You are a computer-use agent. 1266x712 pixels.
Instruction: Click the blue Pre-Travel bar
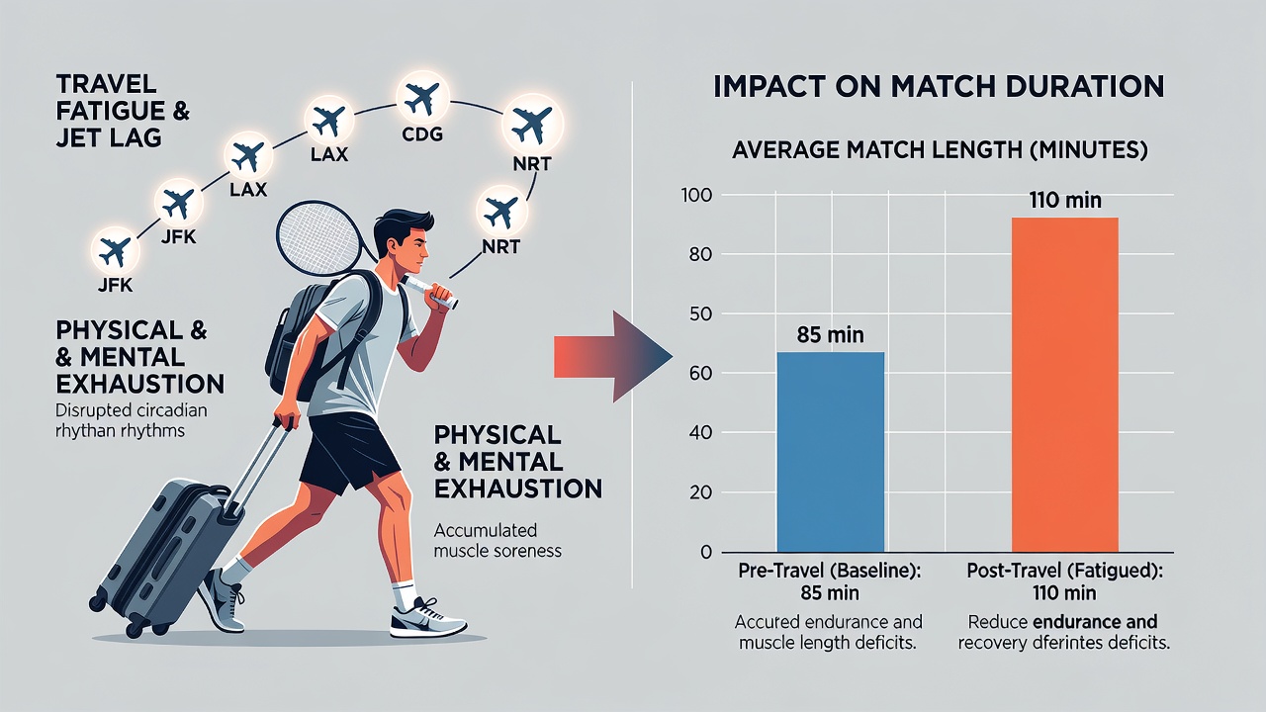tap(830, 452)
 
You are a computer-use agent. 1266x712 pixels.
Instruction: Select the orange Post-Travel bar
tap(1065, 385)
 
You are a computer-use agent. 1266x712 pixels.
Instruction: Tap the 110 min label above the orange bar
tap(1065, 200)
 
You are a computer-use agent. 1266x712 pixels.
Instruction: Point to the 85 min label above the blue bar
tap(830, 335)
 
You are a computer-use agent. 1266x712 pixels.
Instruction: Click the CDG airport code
tap(421, 134)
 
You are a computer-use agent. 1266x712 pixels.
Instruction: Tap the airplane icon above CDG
tap(422, 98)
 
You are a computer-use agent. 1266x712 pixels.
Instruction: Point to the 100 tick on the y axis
tap(697, 196)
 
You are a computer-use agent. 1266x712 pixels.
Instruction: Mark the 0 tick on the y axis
tap(706, 552)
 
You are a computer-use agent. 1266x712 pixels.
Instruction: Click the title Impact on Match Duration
tap(939, 86)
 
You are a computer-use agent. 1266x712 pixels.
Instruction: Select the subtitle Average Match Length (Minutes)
tap(940, 151)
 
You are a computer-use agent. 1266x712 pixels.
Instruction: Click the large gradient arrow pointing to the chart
tap(612, 357)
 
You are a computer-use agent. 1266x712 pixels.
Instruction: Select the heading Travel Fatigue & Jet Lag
tap(123, 111)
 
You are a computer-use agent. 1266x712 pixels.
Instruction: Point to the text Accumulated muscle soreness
tap(497, 540)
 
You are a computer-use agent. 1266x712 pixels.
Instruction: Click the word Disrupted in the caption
tap(88, 410)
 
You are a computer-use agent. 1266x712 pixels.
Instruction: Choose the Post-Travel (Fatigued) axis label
tap(1065, 571)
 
